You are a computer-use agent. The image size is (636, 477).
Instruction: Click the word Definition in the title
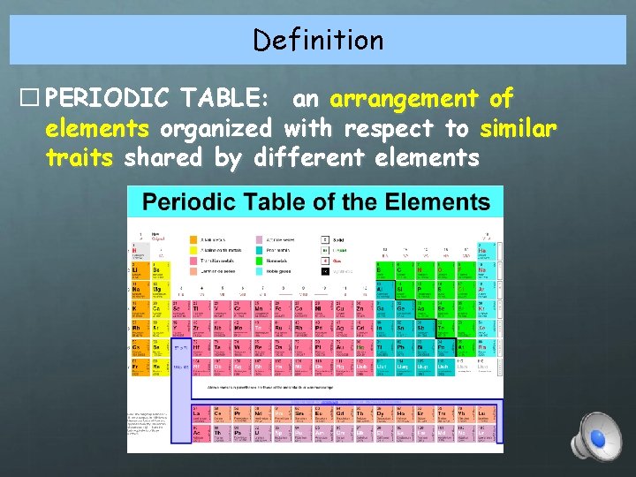coord(318,40)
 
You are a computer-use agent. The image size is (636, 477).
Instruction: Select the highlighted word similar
coord(519,128)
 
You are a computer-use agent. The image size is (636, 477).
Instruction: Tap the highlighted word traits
coord(79,158)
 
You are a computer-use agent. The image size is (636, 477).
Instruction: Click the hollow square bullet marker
coord(34,98)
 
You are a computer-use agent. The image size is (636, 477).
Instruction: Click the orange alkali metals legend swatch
coord(193,239)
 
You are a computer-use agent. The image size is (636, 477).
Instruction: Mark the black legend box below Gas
coord(325,272)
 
